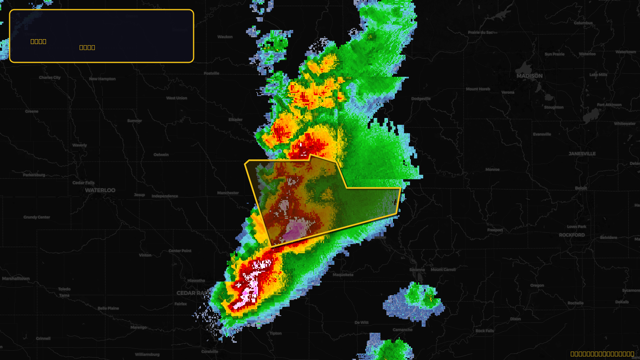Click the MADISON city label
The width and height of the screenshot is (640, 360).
529,76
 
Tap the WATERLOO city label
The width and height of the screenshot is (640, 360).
100,190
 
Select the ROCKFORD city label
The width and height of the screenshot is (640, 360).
572,235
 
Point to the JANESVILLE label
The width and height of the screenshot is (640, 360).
582,154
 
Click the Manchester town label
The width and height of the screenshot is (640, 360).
228,193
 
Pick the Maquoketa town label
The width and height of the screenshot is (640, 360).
343,275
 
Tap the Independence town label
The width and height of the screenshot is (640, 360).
165,196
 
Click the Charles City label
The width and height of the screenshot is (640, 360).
50,78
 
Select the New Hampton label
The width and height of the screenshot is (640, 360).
102,79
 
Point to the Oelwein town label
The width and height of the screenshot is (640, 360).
161,155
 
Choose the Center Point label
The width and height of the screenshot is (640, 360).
180,251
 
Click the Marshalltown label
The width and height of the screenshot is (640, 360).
16,278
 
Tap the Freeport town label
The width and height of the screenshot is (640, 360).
495,230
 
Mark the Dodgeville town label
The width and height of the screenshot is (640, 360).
421,99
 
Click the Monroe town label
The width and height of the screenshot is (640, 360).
492,170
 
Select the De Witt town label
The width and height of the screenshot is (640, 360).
362,322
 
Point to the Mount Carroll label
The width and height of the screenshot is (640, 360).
443,270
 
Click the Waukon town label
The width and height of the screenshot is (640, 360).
225,37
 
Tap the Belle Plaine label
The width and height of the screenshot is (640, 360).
108,308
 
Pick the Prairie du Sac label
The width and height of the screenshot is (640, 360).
482,32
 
